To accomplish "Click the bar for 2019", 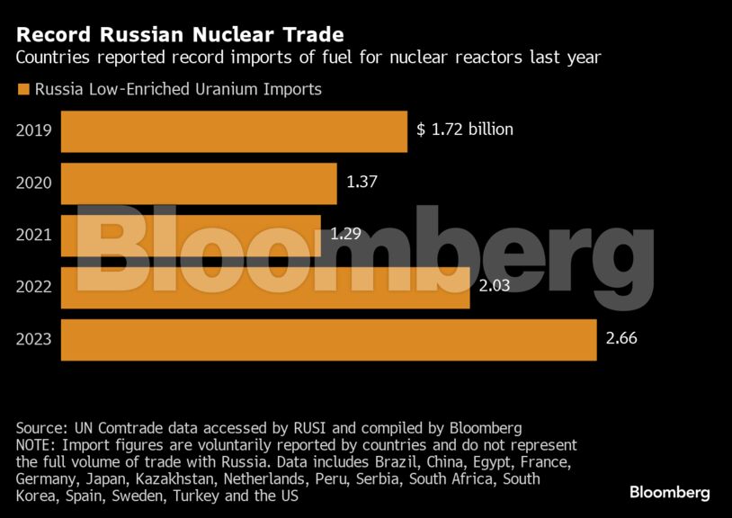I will [x=234, y=131].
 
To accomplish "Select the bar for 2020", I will [x=199, y=183].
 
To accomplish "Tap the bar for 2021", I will [x=191, y=236].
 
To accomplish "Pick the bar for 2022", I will [x=265, y=288].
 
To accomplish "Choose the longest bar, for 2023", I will [x=328, y=340].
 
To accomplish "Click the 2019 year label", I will [x=34, y=131].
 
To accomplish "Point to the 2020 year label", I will [x=34, y=183].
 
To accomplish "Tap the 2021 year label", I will [x=34, y=236].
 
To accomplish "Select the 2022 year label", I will [x=34, y=288].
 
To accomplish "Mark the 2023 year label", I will [x=34, y=340].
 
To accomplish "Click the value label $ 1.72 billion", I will [x=465, y=129].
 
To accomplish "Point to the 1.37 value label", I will [x=362, y=182].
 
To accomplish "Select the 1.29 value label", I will [x=346, y=234].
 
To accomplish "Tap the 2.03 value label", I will [x=495, y=286].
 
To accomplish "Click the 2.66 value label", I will [x=621, y=338].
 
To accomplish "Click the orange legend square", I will [x=22, y=89].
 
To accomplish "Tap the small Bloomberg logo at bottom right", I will [x=669, y=493].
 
